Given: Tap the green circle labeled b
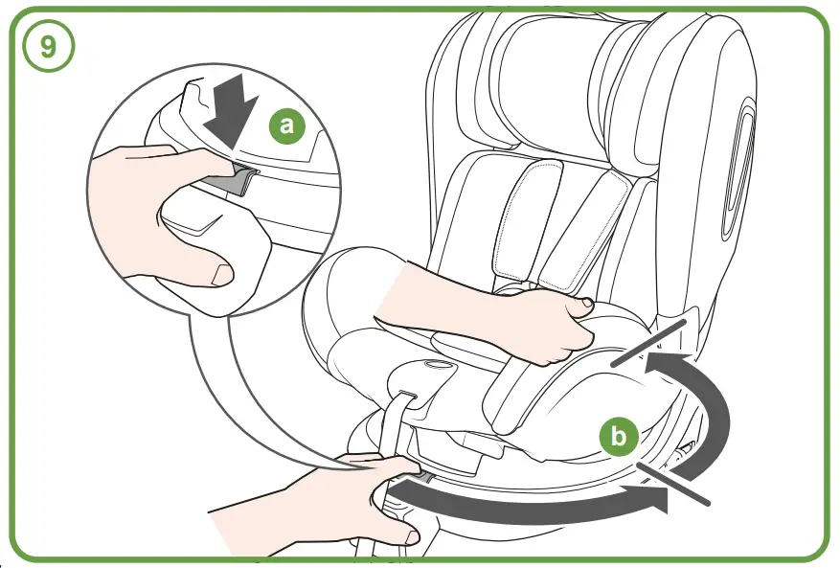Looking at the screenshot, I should pyautogui.click(x=619, y=437).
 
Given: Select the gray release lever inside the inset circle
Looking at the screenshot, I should pyautogui.click(x=232, y=179).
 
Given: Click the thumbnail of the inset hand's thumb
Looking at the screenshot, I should pyautogui.click(x=221, y=275).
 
